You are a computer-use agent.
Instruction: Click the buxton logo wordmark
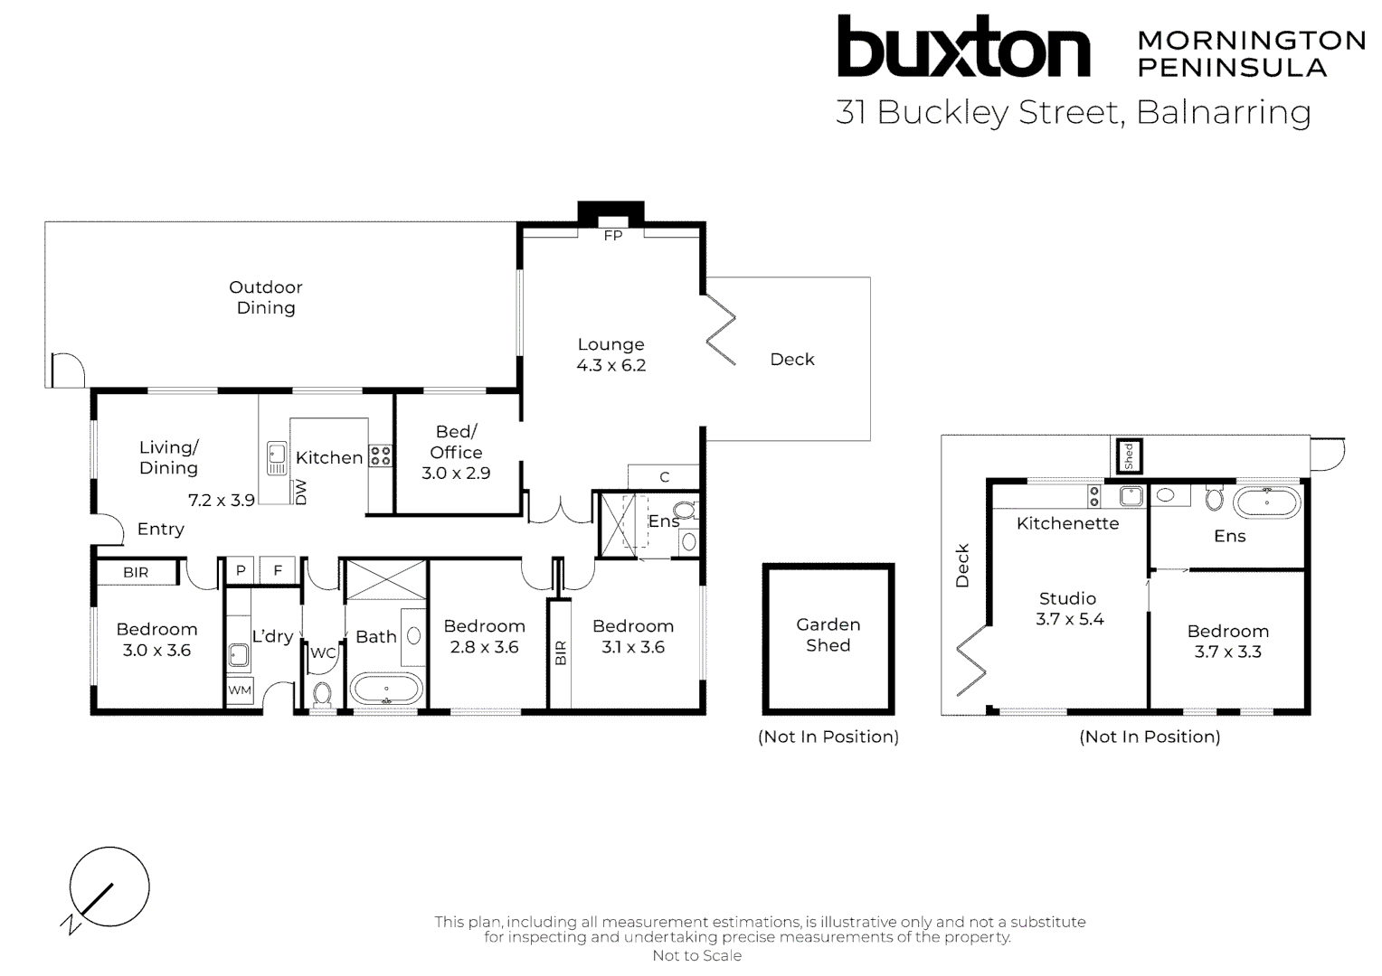(962, 47)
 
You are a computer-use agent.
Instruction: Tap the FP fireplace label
(612, 236)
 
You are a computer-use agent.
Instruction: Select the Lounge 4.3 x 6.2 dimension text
(611, 366)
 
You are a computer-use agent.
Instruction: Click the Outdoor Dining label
(266, 297)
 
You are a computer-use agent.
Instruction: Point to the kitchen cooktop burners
(381, 455)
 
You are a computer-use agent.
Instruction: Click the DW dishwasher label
(301, 493)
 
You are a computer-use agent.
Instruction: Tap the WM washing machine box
(240, 690)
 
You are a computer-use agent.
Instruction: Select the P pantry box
(241, 570)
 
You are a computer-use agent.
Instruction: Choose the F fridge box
(278, 570)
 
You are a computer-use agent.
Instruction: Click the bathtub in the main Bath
(386, 689)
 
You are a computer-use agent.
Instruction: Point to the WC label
(323, 652)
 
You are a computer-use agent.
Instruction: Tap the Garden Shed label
(828, 634)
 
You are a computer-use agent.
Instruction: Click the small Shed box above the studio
(1128, 455)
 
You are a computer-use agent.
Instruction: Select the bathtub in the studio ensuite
(1266, 502)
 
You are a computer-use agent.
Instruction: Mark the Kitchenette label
(1067, 523)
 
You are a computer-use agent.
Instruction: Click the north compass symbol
(109, 888)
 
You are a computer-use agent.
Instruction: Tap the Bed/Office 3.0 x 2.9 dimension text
(456, 473)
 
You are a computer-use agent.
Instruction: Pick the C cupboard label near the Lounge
(665, 477)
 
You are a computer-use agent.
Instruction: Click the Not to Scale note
(696, 955)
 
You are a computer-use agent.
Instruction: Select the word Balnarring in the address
(1223, 112)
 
